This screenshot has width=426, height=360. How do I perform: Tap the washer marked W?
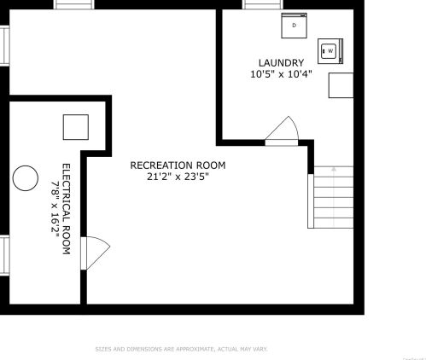pyautogui.click(x=329, y=50)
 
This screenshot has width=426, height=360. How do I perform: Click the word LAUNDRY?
pyautogui.click(x=281, y=62)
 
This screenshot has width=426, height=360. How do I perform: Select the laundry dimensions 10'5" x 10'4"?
pyautogui.click(x=281, y=74)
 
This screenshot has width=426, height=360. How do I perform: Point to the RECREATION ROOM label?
pyautogui.click(x=178, y=165)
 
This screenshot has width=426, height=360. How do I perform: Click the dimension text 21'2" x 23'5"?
pyautogui.click(x=178, y=177)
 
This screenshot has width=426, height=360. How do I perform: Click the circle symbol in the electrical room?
pyautogui.click(x=26, y=177)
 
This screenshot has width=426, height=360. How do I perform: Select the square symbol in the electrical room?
pyautogui.click(x=75, y=127)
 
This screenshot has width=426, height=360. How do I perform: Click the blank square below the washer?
pyautogui.click(x=341, y=84)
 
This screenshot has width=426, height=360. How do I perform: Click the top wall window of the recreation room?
pyautogui.click(x=73, y=4)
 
